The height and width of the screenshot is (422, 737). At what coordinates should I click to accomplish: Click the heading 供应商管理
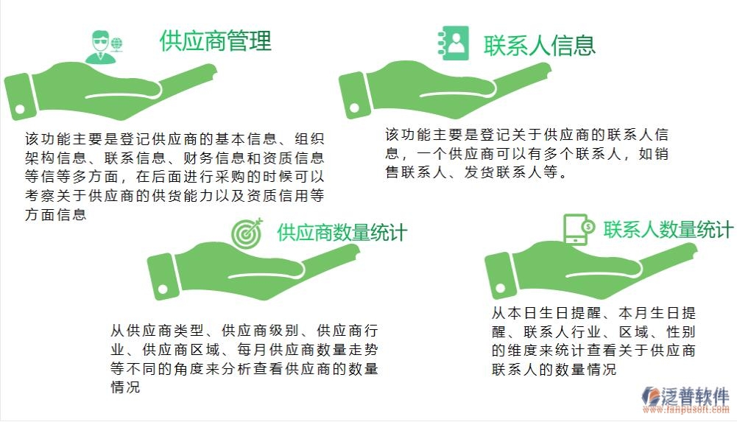[216, 41]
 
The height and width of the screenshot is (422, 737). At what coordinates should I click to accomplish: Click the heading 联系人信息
[539, 46]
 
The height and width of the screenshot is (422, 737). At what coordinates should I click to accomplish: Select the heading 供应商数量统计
[342, 233]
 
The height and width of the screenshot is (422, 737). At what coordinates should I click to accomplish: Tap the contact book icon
[454, 43]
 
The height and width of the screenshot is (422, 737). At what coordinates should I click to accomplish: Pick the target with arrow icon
[247, 233]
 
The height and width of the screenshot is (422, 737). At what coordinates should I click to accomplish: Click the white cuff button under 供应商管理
[21, 109]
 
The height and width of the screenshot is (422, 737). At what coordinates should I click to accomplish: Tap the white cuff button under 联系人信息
[354, 110]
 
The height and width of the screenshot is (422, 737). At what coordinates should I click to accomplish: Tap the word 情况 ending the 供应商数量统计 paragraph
[125, 387]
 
